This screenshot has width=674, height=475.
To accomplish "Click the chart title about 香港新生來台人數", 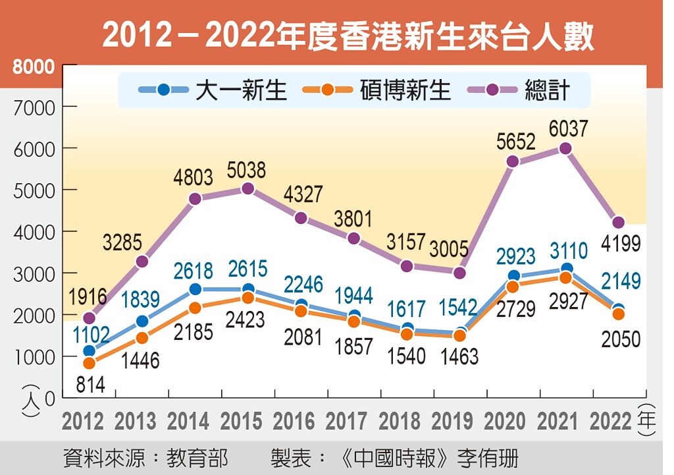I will (x=348, y=37).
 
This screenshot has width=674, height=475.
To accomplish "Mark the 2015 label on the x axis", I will (x=242, y=421).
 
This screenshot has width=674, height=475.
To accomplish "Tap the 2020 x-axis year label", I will (x=506, y=421).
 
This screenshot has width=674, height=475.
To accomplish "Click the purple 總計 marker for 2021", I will (x=565, y=148).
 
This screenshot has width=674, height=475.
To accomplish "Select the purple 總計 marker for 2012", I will (x=89, y=318).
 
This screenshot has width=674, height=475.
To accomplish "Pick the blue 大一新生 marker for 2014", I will (x=195, y=289).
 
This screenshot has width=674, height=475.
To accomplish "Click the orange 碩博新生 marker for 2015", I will (x=248, y=298).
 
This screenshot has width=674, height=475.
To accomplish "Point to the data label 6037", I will (x=565, y=128).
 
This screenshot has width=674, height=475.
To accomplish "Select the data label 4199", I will (x=620, y=244).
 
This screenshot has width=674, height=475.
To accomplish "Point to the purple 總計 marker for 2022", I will (x=619, y=223).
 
